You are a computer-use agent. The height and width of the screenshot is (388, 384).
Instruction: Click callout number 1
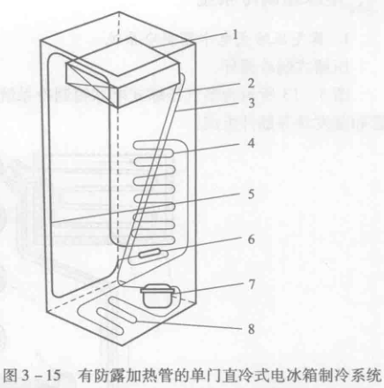pyautogui.click(x=235, y=35)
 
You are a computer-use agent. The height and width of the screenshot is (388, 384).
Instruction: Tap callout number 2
pyautogui.click(x=251, y=83)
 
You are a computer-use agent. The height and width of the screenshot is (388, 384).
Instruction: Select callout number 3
pyautogui.click(x=251, y=103)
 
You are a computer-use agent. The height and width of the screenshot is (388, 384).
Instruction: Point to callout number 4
pyautogui.click(x=251, y=143)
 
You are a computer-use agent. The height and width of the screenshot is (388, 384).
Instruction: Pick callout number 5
pyautogui.click(x=251, y=194)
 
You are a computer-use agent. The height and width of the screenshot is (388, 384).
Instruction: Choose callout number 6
pyautogui.click(x=251, y=240)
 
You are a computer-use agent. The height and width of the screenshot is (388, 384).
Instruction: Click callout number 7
pyautogui.click(x=251, y=285)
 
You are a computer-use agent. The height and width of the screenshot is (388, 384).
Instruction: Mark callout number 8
pyautogui.click(x=251, y=329)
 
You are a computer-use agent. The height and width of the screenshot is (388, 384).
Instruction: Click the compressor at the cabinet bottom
pyautogui.click(x=157, y=296)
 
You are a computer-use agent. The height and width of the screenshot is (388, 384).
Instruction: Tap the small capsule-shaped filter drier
pyautogui.click(x=150, y=253)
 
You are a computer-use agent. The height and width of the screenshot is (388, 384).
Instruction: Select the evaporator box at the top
pyautogui.click(x=122, y=72)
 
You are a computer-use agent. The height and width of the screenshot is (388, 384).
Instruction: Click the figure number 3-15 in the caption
pyautogui.click(x=41, y=376)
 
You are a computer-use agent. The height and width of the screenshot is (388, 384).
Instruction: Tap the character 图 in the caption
pyautogui.click(x=11, y=376)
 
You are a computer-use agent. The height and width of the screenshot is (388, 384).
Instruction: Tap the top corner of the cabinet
pyautogui.click(x=119, y=11)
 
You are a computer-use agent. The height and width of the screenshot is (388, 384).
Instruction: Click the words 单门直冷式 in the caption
pyautogui.click(x=222, y=376)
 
